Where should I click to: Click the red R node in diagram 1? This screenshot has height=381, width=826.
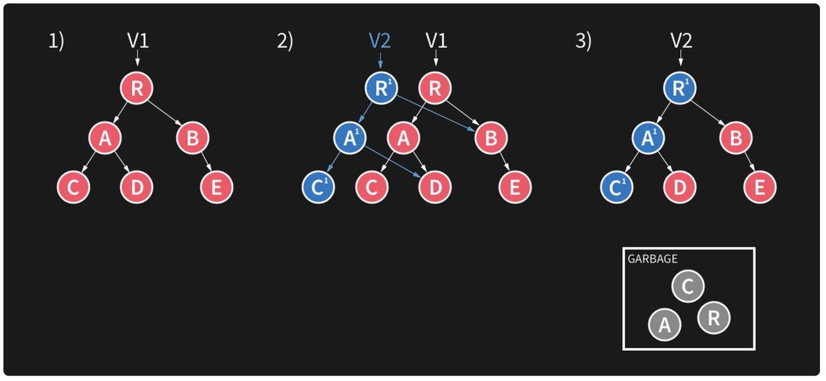coord(137,88)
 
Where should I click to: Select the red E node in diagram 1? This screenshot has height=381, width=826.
coord(216,187)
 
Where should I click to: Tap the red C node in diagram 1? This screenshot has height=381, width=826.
coord(73,187)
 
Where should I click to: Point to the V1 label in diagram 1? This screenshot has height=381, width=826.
coord(138,41)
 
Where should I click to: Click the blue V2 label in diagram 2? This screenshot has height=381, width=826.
coord(380,41)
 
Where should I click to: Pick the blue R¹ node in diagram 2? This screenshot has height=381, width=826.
coord(381,88)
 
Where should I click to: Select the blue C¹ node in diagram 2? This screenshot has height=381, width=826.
coord(318,187)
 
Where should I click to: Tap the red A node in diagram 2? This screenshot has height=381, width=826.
coord(404,138)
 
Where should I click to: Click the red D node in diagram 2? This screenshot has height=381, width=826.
coord(435,187)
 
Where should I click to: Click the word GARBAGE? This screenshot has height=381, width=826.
coord(652,259)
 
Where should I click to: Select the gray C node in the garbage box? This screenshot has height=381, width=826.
coord(687,286)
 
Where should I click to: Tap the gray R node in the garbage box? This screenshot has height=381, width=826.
coord(714,318)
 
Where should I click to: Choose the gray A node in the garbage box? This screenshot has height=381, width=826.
coord(665,324)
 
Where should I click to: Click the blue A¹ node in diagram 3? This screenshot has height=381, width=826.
coord(648,138)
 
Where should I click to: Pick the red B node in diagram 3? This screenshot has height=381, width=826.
coord(735,138)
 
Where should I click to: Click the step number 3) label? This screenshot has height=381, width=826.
coord(584,41)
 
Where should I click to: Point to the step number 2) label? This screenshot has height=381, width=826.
coord(284,41)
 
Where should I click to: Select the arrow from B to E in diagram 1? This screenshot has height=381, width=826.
coord(206,163)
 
